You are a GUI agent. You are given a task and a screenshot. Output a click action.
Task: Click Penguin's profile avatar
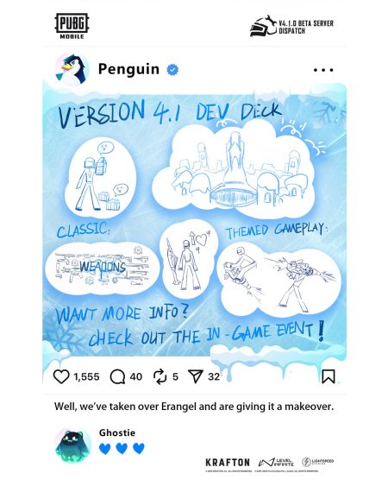coord(72,70)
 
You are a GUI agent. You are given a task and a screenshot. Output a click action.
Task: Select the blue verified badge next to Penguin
coord(172,70)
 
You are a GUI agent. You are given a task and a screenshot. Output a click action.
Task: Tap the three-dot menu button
coord(322,70)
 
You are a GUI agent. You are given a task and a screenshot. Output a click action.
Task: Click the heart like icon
coord(61,376)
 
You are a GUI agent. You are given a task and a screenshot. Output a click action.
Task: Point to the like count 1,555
coord(87,377)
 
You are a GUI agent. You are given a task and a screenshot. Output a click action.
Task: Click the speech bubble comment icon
coord(118,376)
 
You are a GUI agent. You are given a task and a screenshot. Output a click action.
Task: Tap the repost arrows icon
coord(160,376)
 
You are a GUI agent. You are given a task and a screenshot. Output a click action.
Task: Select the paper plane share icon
coord(195,376)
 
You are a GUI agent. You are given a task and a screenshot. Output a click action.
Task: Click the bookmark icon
coord(328,376)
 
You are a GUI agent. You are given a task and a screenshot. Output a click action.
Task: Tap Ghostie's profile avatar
coord(72,444)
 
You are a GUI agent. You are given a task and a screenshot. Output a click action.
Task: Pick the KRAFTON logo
coord(228,463)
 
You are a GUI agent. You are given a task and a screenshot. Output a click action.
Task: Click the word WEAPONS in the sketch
coord(103,268)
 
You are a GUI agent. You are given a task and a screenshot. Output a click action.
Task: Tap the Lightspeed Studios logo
coord(317,463)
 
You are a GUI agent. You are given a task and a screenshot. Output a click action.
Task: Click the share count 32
coord(214,377)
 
